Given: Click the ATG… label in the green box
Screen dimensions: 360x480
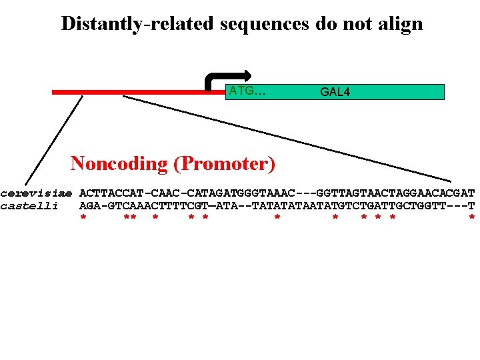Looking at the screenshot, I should click(247, 91).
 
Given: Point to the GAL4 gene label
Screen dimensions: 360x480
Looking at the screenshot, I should click(335, 92).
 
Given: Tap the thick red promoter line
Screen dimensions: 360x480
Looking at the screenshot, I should click(133, 93).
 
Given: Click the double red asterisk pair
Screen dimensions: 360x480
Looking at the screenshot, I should click(131, 219).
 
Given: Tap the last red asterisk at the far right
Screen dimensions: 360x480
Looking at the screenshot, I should click(472, 219).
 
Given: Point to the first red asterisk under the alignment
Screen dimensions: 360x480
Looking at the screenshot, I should click(83, 219).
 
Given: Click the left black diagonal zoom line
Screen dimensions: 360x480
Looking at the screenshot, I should click(53, 140).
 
